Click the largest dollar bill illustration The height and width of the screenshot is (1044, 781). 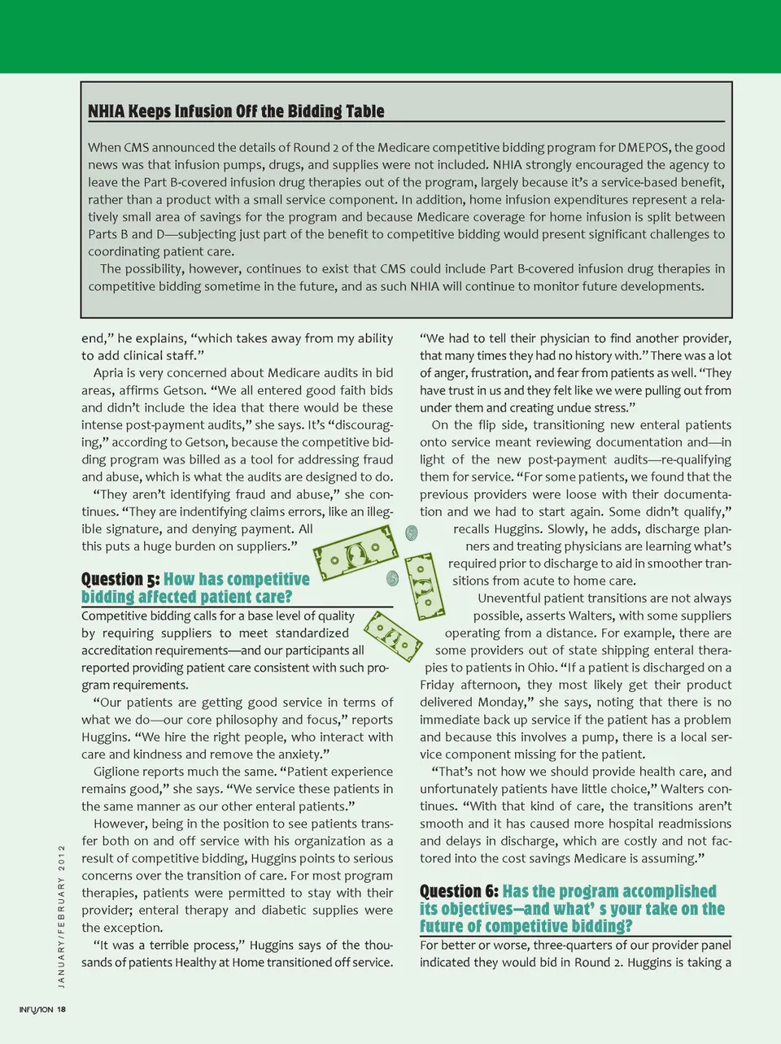(x=357, y=553)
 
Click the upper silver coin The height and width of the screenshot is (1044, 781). (x=412, y=533)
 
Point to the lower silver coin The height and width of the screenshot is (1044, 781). (x=393, y=578)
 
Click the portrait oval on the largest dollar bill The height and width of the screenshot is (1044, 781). (x=356, y=555)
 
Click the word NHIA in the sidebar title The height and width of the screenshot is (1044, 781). (x=106, y=111)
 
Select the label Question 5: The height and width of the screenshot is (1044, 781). (x=120, y=579)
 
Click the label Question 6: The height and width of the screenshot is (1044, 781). (x=459, y=891)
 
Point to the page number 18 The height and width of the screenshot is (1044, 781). (x=62, y=1009)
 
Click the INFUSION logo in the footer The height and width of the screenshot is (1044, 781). (x=36, y=1009)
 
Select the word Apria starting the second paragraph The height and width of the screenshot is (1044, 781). (x=108, y=373)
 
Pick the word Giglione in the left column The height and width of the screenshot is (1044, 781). (x=120, y=772)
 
